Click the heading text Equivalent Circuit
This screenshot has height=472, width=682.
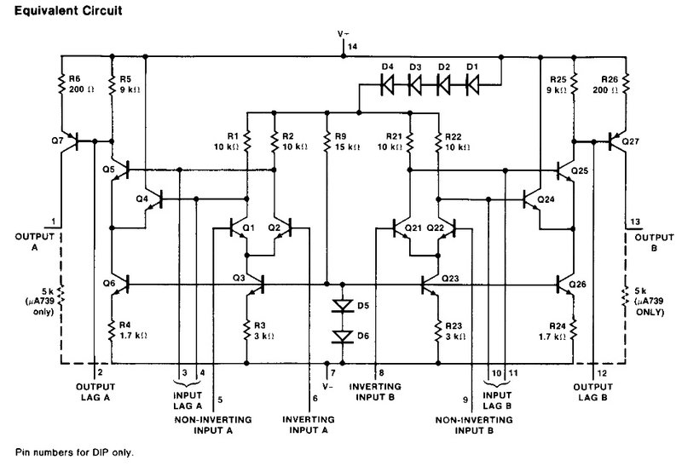point(68,10)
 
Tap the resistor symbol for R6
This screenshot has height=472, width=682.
point(61,84)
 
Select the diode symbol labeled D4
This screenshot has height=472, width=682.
point(387,84)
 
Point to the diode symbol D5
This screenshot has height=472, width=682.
point(343,306)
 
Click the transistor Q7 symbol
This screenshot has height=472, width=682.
point(72,141)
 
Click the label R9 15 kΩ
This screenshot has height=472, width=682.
point(347,141)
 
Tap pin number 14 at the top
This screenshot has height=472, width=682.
point(353,46)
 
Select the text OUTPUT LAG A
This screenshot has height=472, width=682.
point(95,392)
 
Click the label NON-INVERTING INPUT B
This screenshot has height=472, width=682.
point(474,425)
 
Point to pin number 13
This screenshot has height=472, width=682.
point(635,222)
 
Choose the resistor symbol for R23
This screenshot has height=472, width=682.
point(438,331)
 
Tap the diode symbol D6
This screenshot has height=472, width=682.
point(343,337)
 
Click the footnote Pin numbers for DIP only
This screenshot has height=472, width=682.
point(74,452)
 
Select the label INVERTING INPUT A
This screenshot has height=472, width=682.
point(309,425)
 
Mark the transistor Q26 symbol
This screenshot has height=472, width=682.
point(564,285)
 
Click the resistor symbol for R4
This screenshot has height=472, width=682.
point(112,331)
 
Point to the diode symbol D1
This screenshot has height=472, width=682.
point(472,84)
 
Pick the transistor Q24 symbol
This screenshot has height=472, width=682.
point(531,199)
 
